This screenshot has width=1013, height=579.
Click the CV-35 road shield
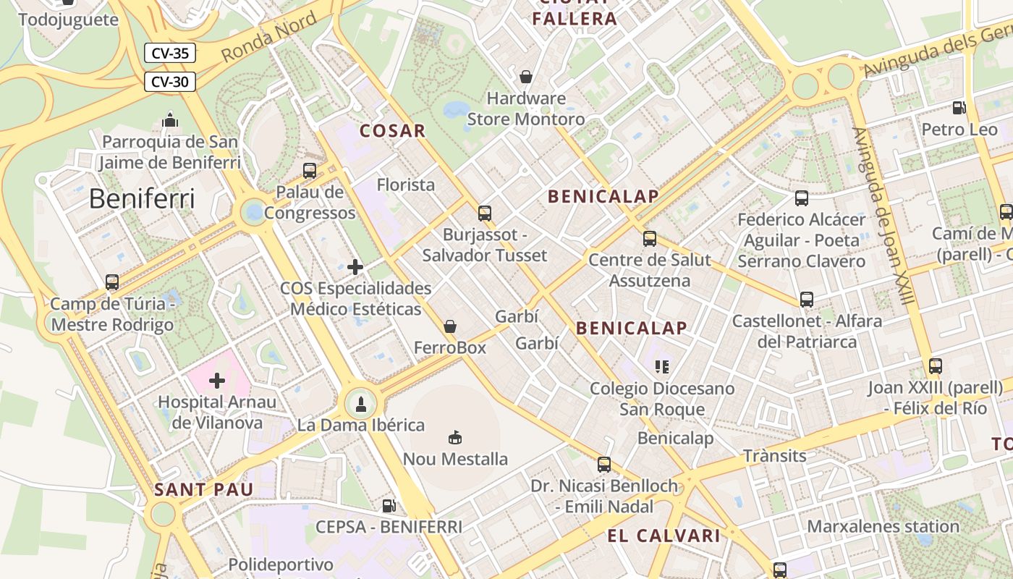pyautogui.click(x=170, y=53)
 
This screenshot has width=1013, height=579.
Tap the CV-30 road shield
pyautogui.click(x=170, y=82)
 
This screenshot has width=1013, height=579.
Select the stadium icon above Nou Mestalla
pyautogui.click(x=455, y=437)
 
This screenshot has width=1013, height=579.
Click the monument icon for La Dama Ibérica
pyautogui.click(x=361, y=403)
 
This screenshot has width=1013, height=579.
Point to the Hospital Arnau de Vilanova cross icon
pyautogui.click(x=217, y=380)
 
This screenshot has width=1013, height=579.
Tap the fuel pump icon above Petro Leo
pyautogui.click(x=959, y=108)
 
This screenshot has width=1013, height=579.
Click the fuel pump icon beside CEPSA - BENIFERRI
pyautogui.click(x=389, y=506)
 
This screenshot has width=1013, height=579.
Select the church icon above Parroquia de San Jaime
pyautogui.click(x=170, y=119)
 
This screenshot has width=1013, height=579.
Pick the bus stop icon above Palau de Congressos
pyautogui.click(x=310, y=171)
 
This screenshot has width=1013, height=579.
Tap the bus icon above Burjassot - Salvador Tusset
pyautogui.click(x=485, y=214)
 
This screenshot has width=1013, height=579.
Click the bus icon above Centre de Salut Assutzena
pyautogui.click(x=650, y=238)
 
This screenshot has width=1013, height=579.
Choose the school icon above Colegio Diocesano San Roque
pyautogui.click(x=662, y=367)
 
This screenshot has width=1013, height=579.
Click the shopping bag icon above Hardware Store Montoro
pyautogui.click(x=526, y=76)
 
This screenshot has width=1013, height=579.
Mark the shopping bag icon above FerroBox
pyautogui.click(x=450, y=326)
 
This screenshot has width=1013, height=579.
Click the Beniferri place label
pyautogui.click(x=142, y=198)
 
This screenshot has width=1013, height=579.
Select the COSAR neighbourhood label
pyautogui.click(x=393, y=131)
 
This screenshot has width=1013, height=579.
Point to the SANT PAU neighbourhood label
pyautogui.click(x=203, y=490)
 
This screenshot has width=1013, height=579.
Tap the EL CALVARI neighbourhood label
pyautogui.click(x=664, y=536)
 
